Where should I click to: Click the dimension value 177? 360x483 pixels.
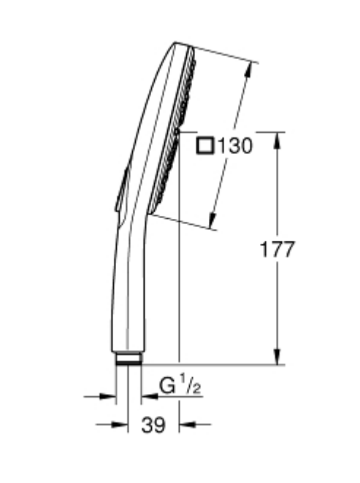coord(277,250)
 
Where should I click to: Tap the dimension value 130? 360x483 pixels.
coord(235,146)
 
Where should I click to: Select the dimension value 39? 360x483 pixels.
coord(153,425)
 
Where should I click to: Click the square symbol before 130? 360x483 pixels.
coord(205,145)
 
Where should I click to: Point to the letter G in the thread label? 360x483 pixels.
coord(167,385)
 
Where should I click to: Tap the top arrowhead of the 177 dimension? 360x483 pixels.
coord(277,141)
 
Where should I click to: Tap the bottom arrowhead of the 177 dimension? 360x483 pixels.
coord(277,356)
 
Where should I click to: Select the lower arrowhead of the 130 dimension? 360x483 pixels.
coord(212,220)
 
